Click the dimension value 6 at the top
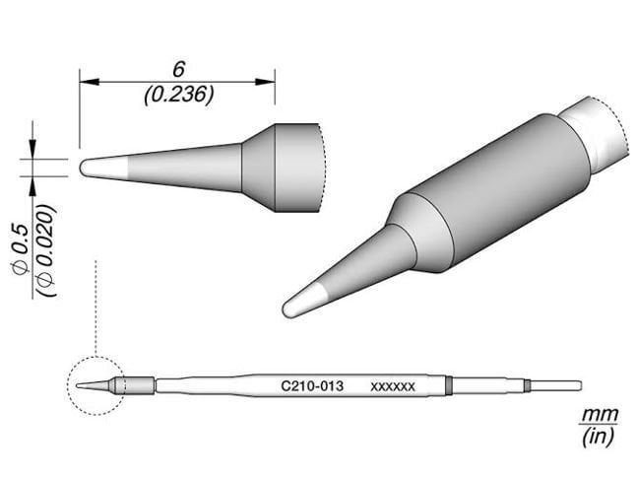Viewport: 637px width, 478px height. tap(178, 69)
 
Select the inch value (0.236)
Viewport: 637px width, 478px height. tap(178, 95)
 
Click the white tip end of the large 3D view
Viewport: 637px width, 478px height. tap(299, 302)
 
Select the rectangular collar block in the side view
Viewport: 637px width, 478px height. tap(295, 168)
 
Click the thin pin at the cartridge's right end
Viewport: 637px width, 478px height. tap(557, 385)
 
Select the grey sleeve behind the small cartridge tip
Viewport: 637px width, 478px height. tap(138, 385)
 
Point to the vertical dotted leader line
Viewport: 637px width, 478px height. tap(95, 306)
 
